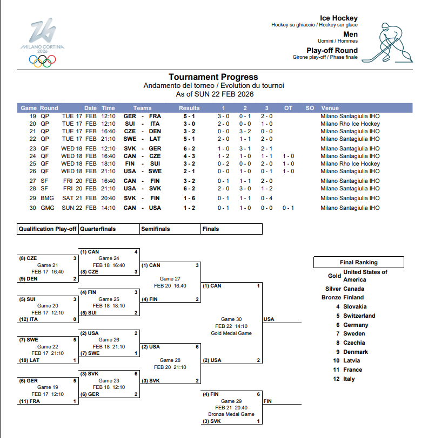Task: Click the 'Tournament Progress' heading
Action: pos(213,77)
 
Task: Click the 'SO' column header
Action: pos(310,108)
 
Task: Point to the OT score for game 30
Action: pos(288,208)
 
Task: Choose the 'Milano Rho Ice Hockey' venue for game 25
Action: pos(350,163)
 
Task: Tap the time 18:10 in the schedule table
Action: pos(108,163)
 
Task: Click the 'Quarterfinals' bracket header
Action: pos(98,229)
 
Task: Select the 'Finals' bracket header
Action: pos(211,229)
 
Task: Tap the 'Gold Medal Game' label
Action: pos(231,333)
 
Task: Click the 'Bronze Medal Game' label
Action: pos(231,414)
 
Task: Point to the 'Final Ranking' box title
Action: pos(359,262)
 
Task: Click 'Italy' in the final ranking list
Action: pos(350,379)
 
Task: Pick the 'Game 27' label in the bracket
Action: pos(170,278)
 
